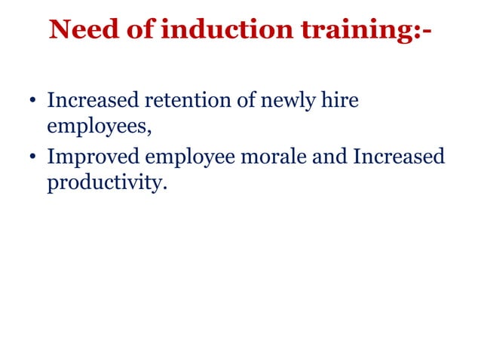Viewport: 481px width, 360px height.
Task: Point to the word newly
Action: coord(288,101)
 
